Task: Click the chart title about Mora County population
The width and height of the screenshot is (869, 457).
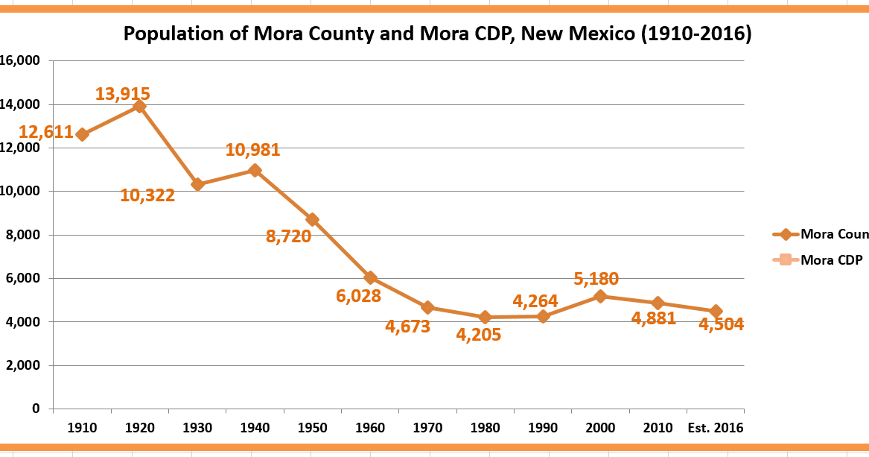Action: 436,34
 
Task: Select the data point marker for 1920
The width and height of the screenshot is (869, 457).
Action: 139,106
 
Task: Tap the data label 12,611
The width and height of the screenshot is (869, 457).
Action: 46,133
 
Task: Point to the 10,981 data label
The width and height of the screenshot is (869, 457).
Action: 252,150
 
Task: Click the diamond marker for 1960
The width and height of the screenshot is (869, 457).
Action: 370,278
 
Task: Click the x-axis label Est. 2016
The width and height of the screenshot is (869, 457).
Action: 715,428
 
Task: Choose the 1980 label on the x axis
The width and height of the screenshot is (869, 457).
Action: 485,428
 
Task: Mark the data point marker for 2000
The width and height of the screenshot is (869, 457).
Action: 600,296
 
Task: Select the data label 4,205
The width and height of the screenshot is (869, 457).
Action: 479,335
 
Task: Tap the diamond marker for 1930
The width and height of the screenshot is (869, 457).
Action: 197,184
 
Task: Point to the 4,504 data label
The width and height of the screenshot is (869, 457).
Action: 721,324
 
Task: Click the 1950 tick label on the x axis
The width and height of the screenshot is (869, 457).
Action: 312,428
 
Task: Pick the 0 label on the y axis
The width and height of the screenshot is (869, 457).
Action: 35,409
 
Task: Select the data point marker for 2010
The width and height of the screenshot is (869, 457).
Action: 658,303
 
